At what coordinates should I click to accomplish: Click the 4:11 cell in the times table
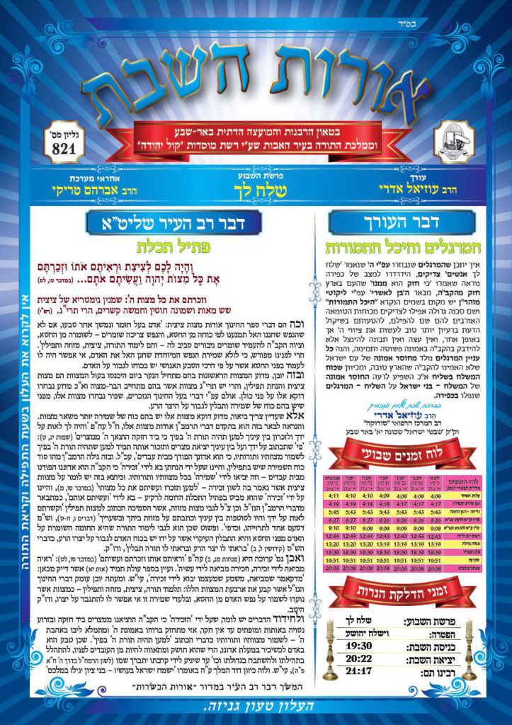[333, 496]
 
